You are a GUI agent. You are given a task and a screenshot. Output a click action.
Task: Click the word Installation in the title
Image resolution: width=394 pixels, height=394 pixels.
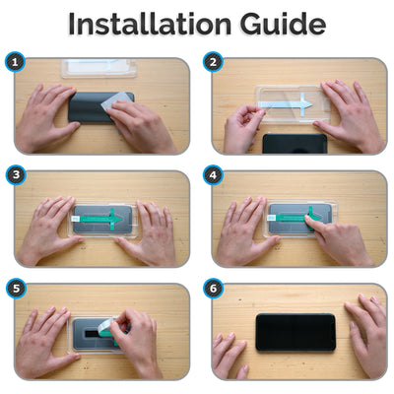[150, 25]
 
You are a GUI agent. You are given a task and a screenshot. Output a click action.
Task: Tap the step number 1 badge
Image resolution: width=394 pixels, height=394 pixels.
[15, 62]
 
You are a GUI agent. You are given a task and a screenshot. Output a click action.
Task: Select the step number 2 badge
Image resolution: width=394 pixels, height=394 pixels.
[213, 62]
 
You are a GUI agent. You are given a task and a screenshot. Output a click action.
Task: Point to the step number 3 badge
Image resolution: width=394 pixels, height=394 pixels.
[16, 174]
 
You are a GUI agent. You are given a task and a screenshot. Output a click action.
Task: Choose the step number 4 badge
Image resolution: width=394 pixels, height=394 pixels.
[213, 174]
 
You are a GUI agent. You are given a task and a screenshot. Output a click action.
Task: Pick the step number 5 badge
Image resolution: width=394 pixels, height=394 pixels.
[16, 289]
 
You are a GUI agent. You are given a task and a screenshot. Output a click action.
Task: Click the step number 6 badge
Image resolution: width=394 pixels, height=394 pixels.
[213, 289]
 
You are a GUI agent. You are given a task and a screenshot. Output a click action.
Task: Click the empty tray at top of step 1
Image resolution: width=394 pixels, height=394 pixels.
[98, 68]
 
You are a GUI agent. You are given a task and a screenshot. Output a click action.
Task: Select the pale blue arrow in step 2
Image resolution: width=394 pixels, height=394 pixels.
[285, 104]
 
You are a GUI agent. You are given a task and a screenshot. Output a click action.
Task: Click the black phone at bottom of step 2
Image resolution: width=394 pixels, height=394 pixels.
[295, 144]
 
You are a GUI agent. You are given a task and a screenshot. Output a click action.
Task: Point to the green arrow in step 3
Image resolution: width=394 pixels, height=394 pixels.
[101, 219]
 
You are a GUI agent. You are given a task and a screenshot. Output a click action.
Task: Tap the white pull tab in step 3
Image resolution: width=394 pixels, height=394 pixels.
[75, 218]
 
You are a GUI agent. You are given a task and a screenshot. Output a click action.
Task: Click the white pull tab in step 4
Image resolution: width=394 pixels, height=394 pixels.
[272, 218]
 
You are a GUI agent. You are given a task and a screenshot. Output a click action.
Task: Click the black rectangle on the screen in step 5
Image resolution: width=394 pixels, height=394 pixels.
[93, 334]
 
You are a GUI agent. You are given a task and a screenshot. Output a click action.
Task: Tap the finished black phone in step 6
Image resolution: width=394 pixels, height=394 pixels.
[295, 332]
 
